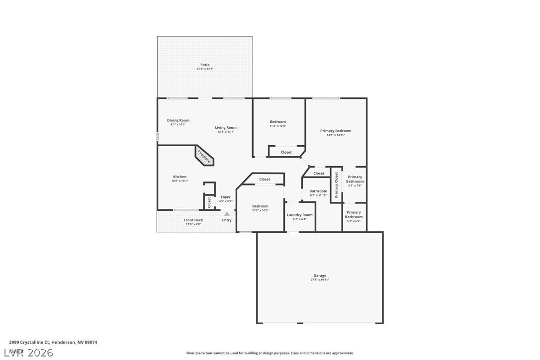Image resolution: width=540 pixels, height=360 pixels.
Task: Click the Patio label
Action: [x=205, y=65]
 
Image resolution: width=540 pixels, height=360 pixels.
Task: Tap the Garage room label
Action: [x=320, y=275]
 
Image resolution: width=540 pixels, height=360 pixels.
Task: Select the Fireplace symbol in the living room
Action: [x=204, y=157]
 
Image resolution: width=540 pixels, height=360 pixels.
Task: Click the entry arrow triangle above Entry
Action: [x=227, y=214]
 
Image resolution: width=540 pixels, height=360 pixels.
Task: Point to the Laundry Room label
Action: [x=300, y=215]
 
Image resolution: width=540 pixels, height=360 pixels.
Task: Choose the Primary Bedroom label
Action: [x=336, y=131]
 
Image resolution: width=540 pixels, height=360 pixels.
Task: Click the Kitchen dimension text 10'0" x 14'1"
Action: [x=180, y=181]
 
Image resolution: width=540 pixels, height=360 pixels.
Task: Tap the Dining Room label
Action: [x=178, y=120]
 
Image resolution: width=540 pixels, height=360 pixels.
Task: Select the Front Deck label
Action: [x=193, y=220]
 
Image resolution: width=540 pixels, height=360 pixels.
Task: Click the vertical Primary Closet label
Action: [x=337, y=185]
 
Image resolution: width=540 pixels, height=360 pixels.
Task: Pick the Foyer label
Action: [x=226, y=197]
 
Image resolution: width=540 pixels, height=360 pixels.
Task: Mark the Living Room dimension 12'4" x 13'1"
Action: [x=226, y=132]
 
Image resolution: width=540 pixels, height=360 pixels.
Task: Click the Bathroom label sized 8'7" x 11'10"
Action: [x=318, y=191]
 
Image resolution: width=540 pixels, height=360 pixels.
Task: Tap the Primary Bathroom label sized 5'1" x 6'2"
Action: [x=354, y=214]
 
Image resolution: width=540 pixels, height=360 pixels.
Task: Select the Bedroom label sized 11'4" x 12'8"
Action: [x=278, y=122]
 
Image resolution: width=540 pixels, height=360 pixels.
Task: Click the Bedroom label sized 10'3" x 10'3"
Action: [x=260, y=206]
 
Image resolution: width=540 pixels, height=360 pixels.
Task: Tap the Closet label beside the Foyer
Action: [x=209, y=202]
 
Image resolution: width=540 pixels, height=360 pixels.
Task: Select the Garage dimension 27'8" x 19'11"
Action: [x=320, y=280]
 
